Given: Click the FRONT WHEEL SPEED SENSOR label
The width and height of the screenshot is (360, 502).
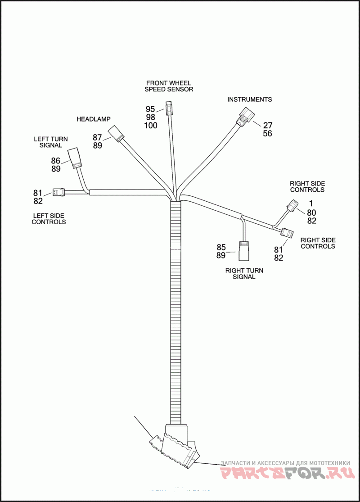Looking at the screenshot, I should click(169, 86).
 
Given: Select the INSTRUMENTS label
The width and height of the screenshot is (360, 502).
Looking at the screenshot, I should click(249, 99).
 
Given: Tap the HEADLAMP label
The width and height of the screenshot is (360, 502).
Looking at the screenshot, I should click(94, 119).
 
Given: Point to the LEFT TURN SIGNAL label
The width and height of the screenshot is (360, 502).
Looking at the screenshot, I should click(51, 142).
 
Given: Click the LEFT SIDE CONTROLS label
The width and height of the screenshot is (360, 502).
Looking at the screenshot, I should click(49, 218).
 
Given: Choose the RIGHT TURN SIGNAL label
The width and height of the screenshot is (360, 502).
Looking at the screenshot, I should click(244, 274).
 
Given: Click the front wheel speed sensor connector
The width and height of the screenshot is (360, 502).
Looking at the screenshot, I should click(169, 109).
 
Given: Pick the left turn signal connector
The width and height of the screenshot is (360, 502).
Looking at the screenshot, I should click(74, 158).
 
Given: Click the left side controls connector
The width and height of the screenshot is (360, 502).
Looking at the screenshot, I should click(58, 192).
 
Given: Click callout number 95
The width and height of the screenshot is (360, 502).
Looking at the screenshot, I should click(150, 109).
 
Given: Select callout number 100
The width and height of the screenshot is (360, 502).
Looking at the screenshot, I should click(150, 126).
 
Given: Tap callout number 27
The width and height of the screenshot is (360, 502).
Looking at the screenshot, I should click(268, 125).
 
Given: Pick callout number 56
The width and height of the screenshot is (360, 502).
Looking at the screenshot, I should click(268, 134).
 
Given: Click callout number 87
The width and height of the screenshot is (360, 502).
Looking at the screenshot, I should click(98, 137).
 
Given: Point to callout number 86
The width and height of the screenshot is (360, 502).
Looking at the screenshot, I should click(56, 160).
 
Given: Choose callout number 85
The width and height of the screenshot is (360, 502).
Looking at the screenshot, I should click(221, 247).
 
